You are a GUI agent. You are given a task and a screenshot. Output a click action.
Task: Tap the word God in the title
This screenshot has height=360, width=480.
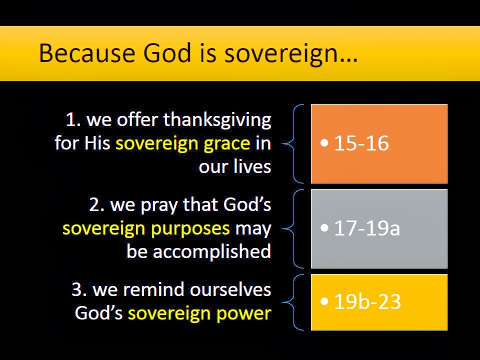click(x=159, y=53)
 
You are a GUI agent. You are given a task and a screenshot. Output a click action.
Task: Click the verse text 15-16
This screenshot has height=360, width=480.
click(x=361, y=143)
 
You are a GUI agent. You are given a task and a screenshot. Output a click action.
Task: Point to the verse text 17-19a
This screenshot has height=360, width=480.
click(x=367, y=228)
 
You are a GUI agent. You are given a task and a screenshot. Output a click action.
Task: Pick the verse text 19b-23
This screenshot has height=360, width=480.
click(x=367, y=302)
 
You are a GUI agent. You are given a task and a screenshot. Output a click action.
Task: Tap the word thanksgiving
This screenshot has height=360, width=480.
click(x=217, y=120)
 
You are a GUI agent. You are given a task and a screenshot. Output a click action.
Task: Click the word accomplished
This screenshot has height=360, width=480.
click(x=212, y=251)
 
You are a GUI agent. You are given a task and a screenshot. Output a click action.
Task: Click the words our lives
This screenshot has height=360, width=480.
click(x=235, y=166)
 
